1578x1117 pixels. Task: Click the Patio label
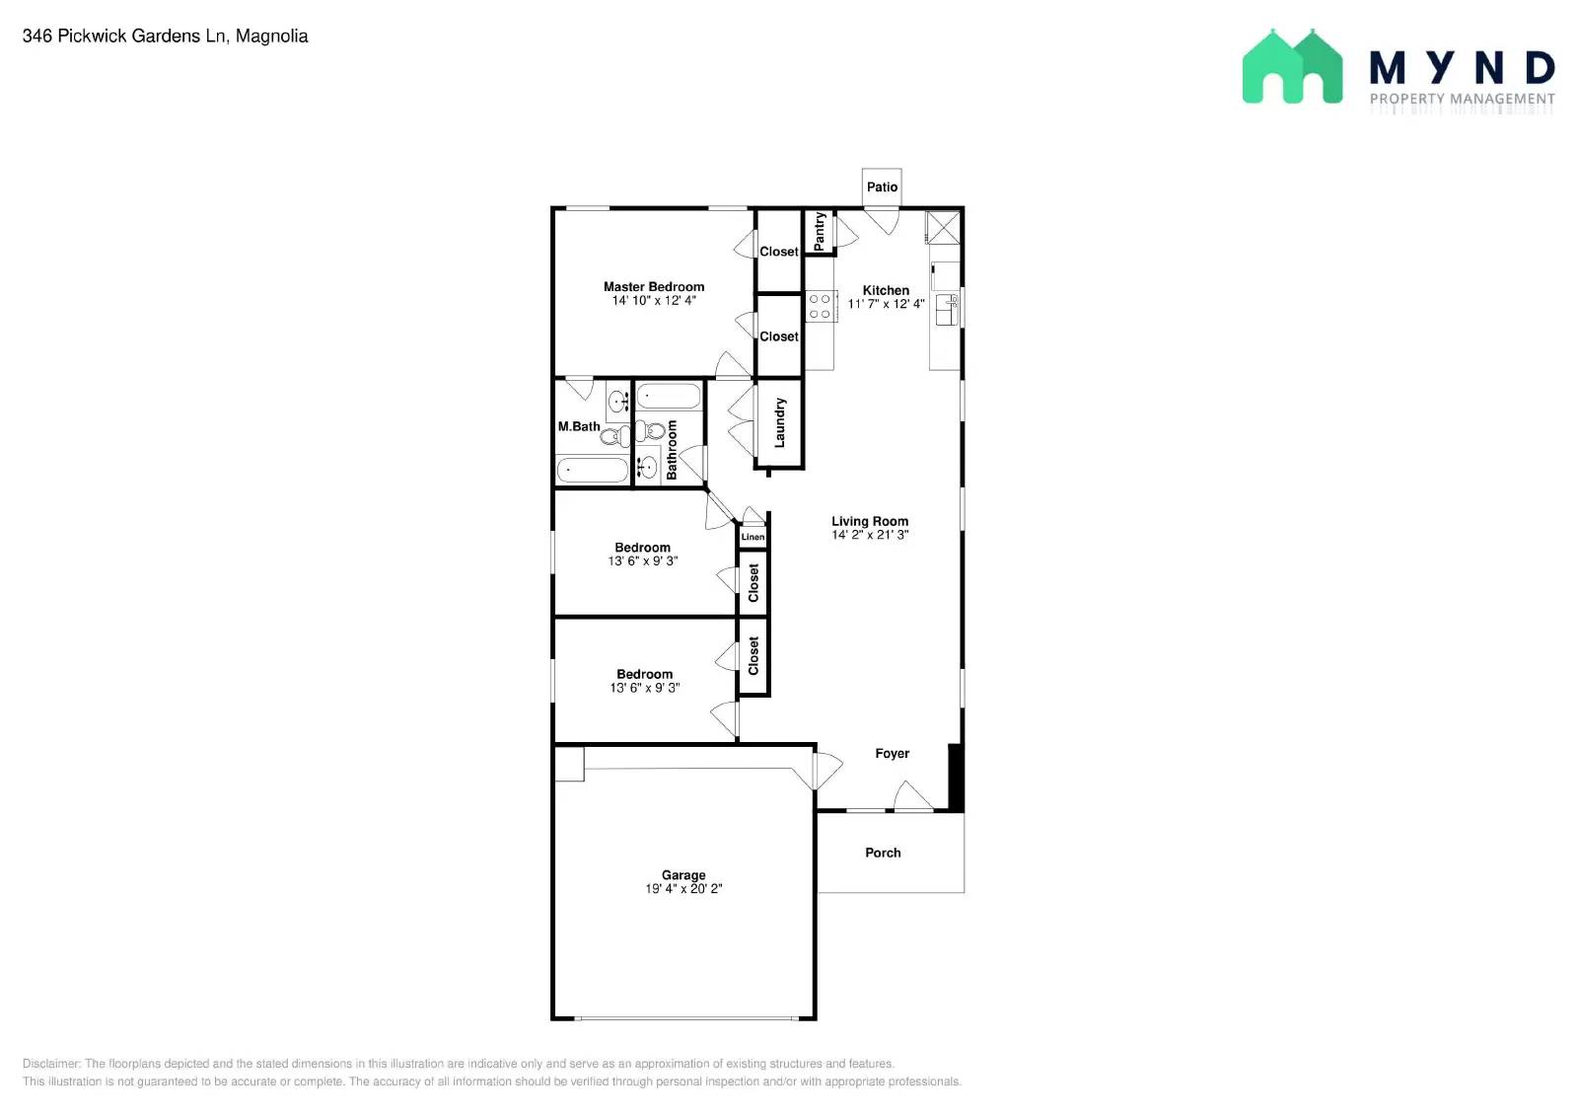click(x=882, y=186)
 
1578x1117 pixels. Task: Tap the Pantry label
click(x=819, y=231)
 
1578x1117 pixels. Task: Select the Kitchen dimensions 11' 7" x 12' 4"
click(x=886, y=304)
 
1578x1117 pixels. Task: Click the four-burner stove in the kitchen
click(x=820, y=306)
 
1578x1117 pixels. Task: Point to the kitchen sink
click(x=946, y=310)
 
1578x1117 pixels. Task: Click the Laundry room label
click(x=779, y=422)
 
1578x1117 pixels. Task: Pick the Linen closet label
click(x=753, y=537)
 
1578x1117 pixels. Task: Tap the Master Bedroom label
click(x=654, y=287)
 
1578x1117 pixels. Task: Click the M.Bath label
click(x=579, y=426)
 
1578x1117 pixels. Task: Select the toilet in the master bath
click(x=615, y=437)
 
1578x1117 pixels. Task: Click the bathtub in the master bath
click(x=593, y=470)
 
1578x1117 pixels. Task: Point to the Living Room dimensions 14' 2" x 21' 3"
click(x=869, y=534)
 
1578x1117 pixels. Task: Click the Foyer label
click(x=892, y=753)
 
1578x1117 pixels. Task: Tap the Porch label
click(x=883, y=853)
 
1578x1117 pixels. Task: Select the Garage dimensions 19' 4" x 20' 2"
click(x=683, y=889)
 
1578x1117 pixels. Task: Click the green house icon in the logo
click(x=1292, y=66)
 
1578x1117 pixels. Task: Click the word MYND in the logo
click(x=1462, y=68)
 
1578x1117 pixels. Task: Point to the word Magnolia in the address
click(x=271, y=36)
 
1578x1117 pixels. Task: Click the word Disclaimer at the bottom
click(x=51, y=1064)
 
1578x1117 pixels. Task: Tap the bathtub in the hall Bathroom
click(x=669, y=397)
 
